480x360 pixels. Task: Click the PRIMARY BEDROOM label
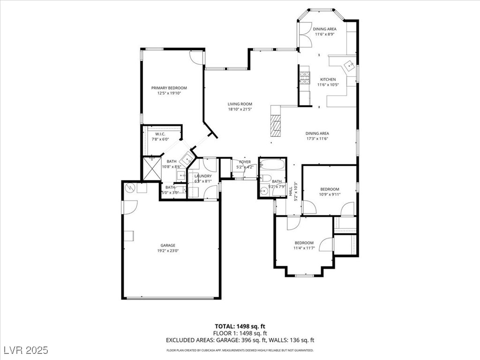click(x=169, y=88)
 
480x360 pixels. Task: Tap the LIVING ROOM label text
click(x=240, y=104)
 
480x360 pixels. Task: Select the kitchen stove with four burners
click(x=305, y=77)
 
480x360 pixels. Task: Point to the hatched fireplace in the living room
click(x=276, y=125)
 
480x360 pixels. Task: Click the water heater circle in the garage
click(x=130, y=187)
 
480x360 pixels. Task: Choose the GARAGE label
click(x=168, y=245)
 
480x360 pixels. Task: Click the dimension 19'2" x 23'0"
click(x=168, y=251)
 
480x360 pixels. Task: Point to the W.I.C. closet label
click(x=160, y=134)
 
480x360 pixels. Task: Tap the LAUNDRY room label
click(x=203, y=176)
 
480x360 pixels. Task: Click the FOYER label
click(x=245, y=162)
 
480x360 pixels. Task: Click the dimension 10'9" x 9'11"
click(x=330, y=195)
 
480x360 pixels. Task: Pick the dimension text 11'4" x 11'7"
click(x=304, y=248)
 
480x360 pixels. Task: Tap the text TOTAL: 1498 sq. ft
click(x=240, y=326)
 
